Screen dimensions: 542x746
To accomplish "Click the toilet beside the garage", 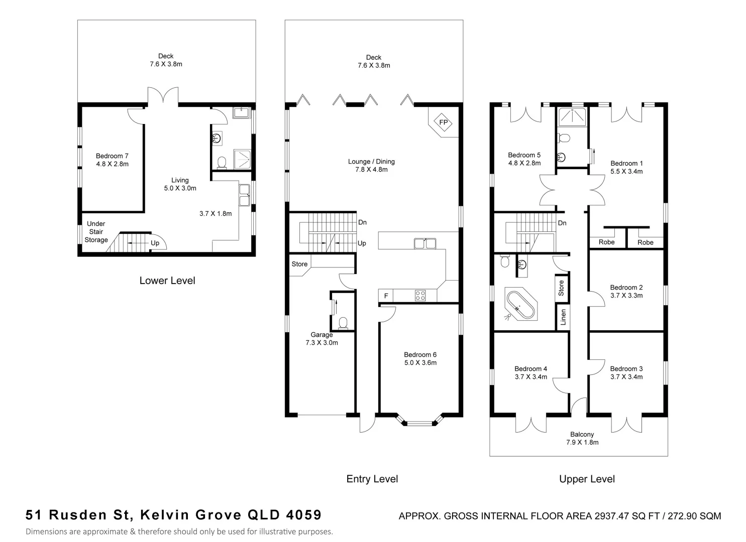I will [344, 322].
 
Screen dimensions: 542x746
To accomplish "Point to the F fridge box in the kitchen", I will [386, 296].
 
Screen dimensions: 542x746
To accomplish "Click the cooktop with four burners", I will [420, 296].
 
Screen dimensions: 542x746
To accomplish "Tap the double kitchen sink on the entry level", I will [424, 244].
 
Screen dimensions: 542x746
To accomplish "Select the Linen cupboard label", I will [563, 317].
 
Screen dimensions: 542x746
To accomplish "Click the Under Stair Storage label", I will [96, 232].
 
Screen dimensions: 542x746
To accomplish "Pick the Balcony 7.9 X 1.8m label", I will [582, 438].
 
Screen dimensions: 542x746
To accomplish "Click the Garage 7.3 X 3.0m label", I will [322, 339].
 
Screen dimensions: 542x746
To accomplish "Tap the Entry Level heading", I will [372, 479].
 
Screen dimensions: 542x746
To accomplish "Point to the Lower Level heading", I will [167, 281].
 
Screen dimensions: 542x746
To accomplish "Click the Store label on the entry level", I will [299, 264].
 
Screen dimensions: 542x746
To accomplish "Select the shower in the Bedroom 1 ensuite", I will [573, 116].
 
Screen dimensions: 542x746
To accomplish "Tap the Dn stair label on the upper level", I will [562, 223].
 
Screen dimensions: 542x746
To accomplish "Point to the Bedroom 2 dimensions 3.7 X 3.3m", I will [626, 296].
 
